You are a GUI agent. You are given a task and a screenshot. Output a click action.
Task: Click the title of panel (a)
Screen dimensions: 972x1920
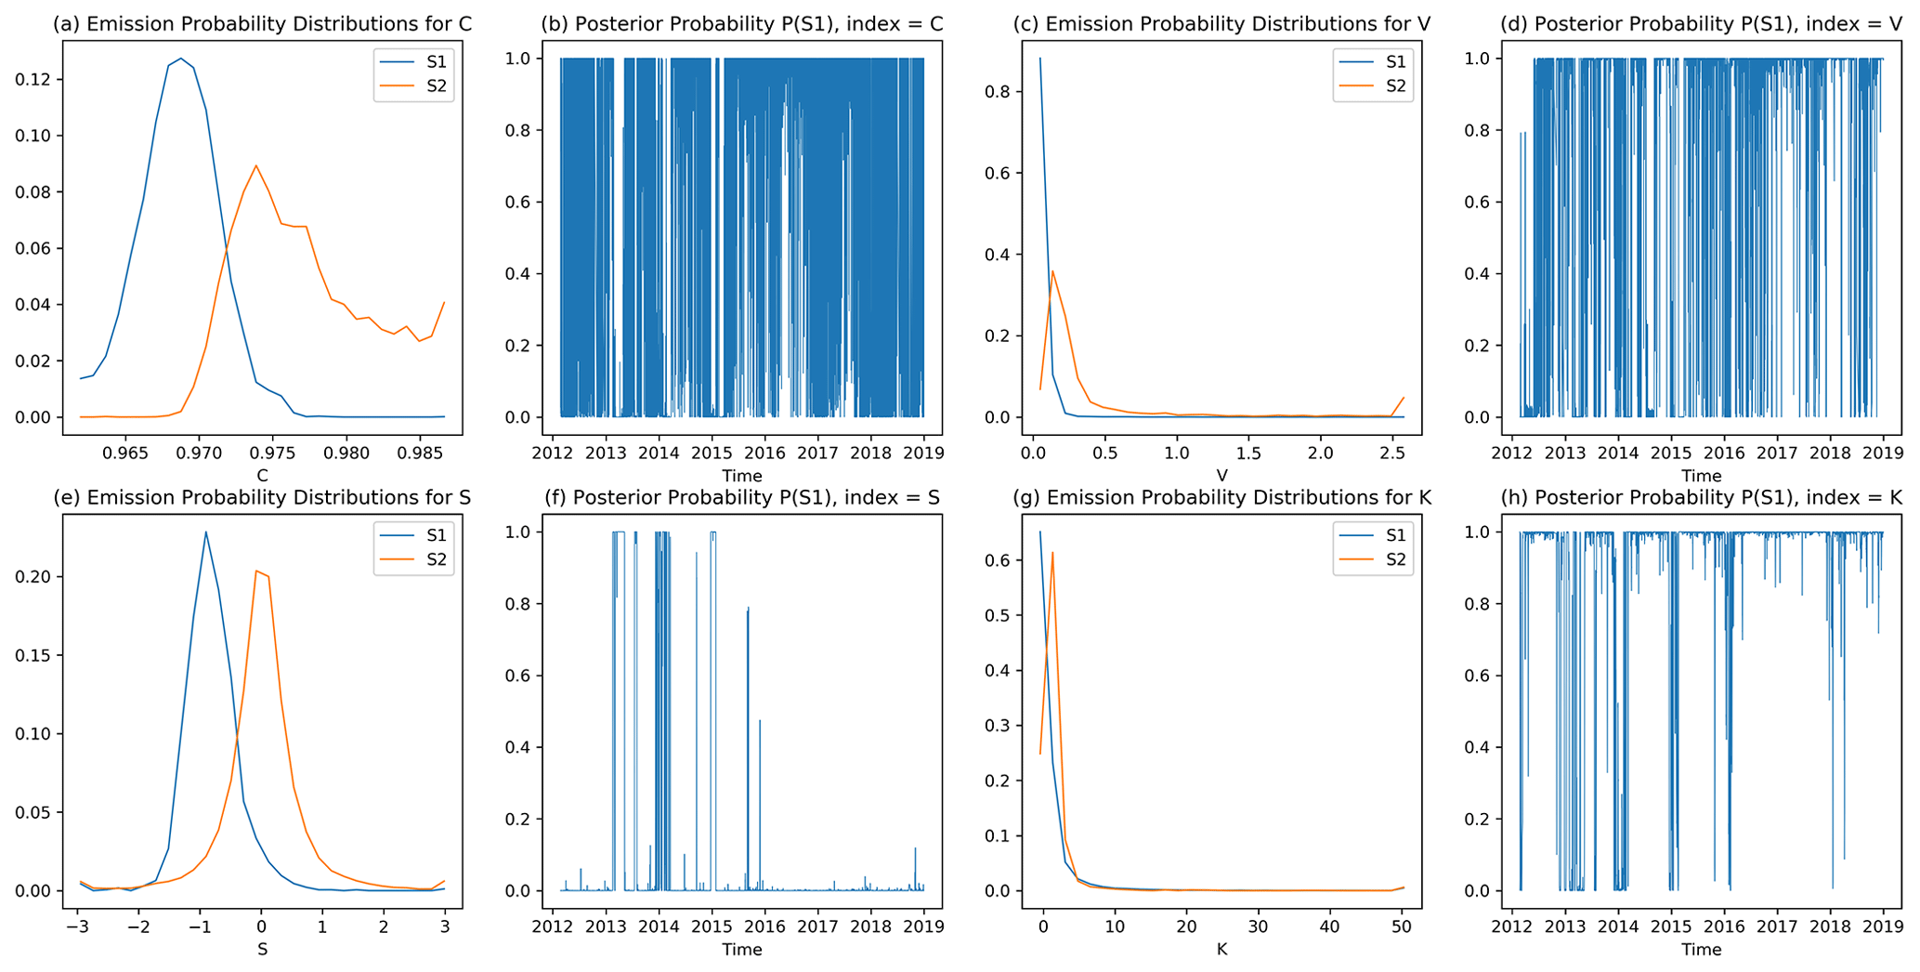coord(262,24)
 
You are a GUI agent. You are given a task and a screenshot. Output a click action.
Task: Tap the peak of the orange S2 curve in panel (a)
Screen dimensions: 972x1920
coord(255,165)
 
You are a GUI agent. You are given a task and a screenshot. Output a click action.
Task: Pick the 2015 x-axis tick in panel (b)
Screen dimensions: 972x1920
coord(712,453)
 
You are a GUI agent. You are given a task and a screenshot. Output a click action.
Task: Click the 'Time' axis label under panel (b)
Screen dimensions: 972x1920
coord(741,476)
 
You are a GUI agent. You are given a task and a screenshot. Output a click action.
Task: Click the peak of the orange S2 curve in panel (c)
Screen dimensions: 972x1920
coord(1052,271)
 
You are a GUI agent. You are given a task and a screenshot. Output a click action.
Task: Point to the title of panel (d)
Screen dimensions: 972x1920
coord(1701,24)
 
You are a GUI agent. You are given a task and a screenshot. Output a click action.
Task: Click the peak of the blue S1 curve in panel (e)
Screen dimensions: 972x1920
coord(206,532)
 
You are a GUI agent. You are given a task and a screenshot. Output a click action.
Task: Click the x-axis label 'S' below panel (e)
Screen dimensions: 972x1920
coord(262,950)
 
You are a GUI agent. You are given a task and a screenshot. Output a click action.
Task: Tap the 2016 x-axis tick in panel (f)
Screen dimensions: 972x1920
coord(764,927)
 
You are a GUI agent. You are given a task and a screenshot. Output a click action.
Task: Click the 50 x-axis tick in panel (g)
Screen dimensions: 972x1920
coord(1402,927)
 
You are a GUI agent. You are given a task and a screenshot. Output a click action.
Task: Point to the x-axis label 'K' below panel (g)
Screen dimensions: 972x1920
coord(1221,950)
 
